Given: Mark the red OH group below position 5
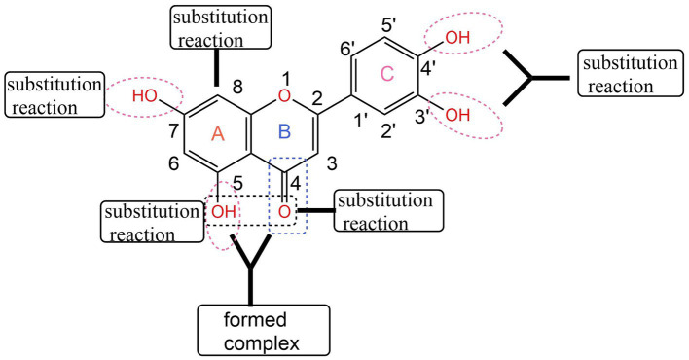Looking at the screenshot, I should (x=223, y=210).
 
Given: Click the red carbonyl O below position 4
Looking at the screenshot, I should (x=283, y=211).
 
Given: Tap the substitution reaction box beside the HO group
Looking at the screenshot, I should (x=51, y=95).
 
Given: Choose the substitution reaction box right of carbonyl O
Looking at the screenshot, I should (x=387, y=211).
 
